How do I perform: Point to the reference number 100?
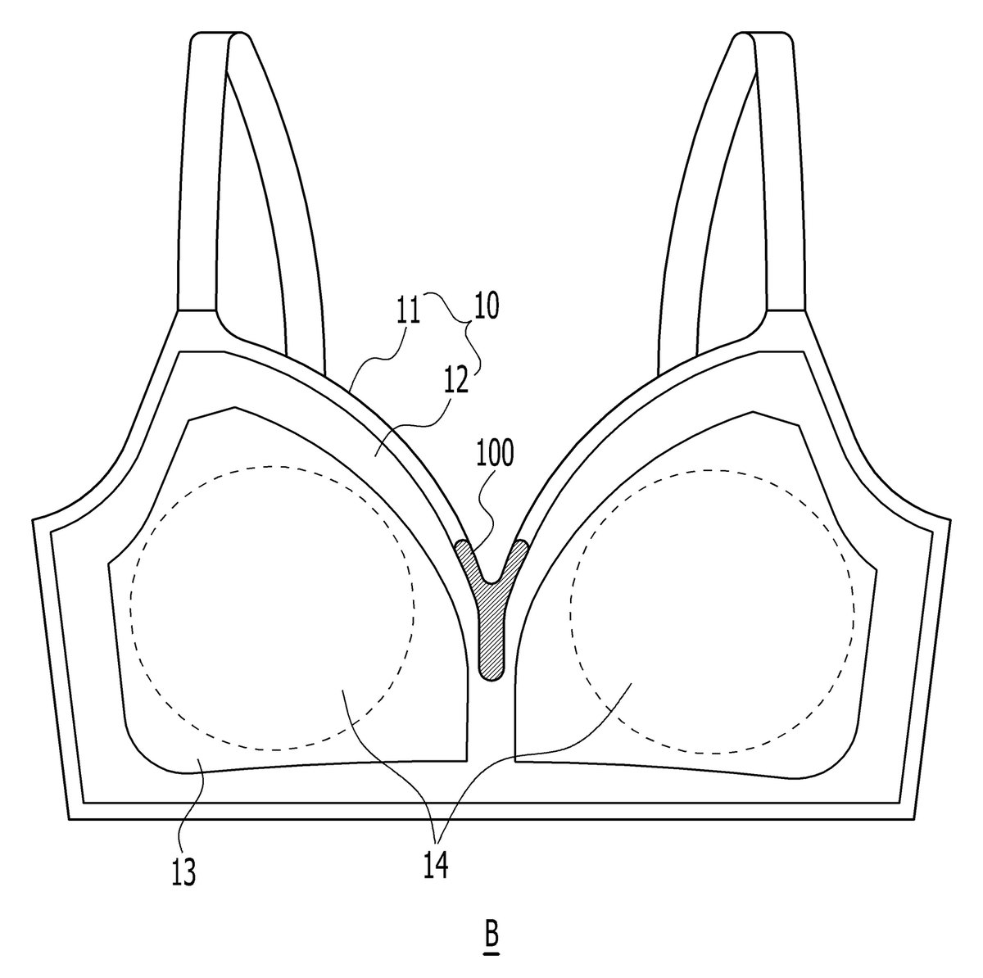coord(495,453)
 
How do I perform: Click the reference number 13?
coord(183,872)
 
